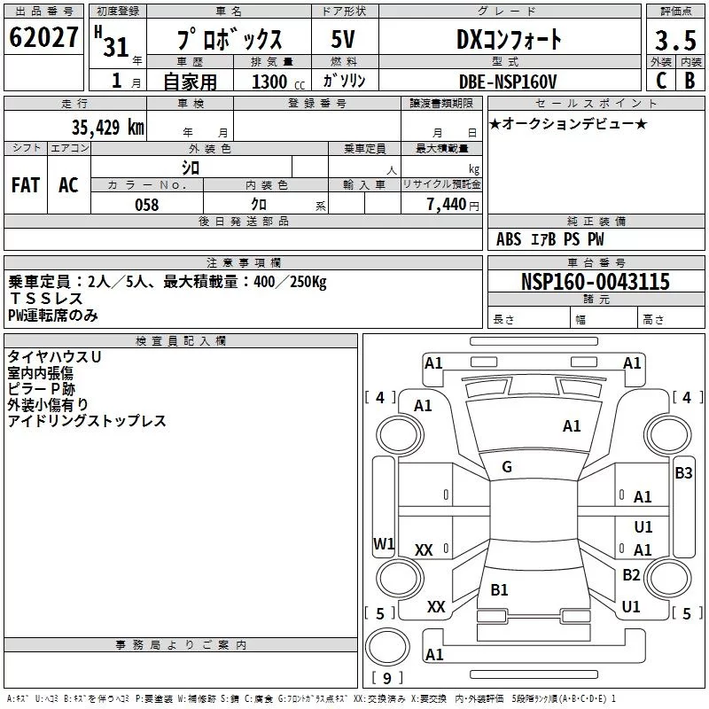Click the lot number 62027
point(43,39)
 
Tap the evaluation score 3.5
point(674,40)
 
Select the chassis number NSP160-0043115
point(595,282)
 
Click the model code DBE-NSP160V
point(509,82)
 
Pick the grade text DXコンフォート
point(508,39)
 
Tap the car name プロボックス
point(229,40)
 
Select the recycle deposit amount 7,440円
point(452,205)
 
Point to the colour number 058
point(146,205)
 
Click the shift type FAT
point(25,184)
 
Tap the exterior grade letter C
point(661,81)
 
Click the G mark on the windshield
point(507,467)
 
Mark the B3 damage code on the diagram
point(683,473)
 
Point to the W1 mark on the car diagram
point(383,543)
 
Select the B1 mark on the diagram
point(499,589)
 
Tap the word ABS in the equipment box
point(509,239)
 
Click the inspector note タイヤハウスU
point(54,355)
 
